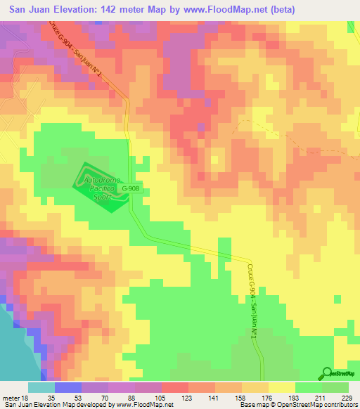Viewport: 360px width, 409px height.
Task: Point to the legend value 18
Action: click(25, 397)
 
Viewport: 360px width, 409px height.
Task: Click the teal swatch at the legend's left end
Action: click(41, 387)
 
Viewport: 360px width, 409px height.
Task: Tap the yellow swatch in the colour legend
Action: click(282, 387)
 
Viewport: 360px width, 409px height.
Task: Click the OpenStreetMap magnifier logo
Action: click(328, 373)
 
